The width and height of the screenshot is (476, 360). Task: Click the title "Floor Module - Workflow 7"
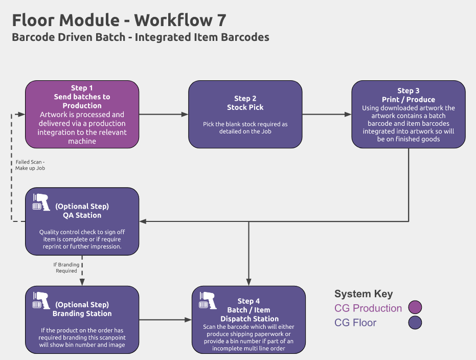tap(119, 20)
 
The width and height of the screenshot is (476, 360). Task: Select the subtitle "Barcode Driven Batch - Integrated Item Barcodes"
tap(141, 37)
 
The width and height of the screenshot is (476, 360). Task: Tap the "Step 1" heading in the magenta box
tap(82, 88)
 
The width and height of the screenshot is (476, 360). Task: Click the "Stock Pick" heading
tap(245, 107)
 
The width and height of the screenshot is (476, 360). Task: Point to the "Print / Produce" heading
tap(409, 99)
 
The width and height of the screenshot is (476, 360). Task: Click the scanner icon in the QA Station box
tap(41, 202)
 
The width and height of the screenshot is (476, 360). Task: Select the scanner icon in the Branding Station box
tap(41, 301)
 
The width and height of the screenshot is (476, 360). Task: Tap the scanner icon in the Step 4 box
tap(208, 301)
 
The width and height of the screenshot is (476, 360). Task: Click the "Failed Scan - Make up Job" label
tap(30, 165)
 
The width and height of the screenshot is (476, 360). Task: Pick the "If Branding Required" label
tap(66, 268)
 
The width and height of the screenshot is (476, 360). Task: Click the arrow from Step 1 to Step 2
tap(164, 115)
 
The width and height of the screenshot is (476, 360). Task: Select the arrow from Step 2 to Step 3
tap(327, 115)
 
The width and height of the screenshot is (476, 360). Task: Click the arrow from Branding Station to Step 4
tap(166, 320)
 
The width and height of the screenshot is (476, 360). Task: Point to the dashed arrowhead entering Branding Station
tap(82, 282)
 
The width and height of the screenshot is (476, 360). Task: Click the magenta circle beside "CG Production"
tap(415, 307)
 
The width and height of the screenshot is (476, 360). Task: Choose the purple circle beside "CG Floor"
tap(415, 323)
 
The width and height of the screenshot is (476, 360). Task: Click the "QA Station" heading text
tap(82, 215)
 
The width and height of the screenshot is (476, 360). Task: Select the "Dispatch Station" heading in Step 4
tap(250, 319)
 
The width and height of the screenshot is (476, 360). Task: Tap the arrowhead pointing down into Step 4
tap(248, 282)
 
